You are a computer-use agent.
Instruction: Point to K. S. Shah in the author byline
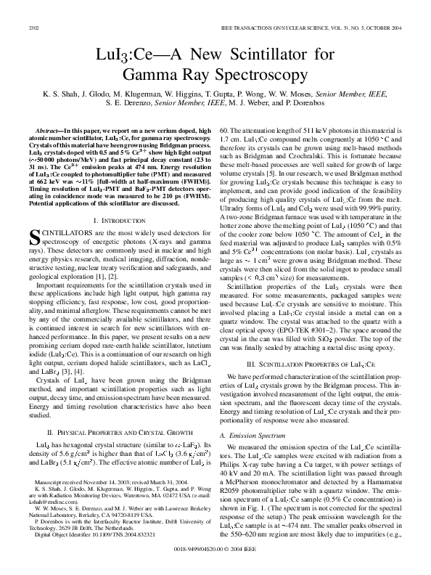tap(52, 95)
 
